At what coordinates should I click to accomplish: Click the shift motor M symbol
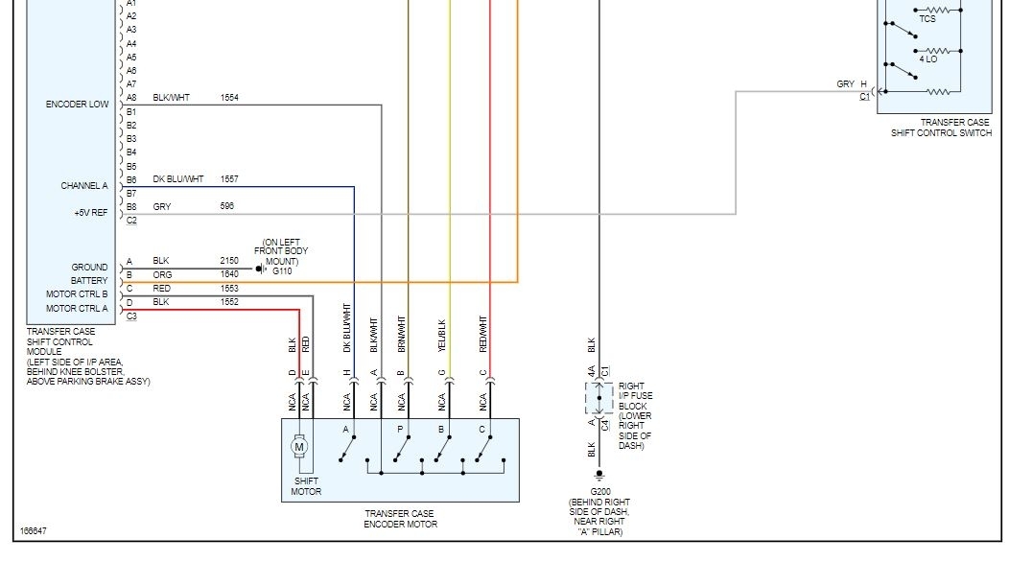(299, 446)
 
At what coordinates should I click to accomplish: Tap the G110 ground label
(281, 271)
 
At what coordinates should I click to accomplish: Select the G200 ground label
(600, 492)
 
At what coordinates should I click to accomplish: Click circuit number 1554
(229, 98)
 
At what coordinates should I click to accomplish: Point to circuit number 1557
(229, 179)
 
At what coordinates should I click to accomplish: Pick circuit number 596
(226, 206)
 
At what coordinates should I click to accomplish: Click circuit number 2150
(229, 261)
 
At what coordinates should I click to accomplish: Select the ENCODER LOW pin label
(77, 105)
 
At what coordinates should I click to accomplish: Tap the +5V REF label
(91, 213)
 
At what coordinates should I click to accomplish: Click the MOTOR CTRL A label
(77, 308)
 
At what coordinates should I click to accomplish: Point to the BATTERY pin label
(89, 281)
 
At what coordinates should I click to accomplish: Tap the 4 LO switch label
(927, 59)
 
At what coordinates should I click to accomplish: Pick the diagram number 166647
(33, 531)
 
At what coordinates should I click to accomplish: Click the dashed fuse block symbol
(598, 397)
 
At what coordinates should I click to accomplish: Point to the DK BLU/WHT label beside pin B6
(178, 179)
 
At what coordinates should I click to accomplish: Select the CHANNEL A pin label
(84, 186)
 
